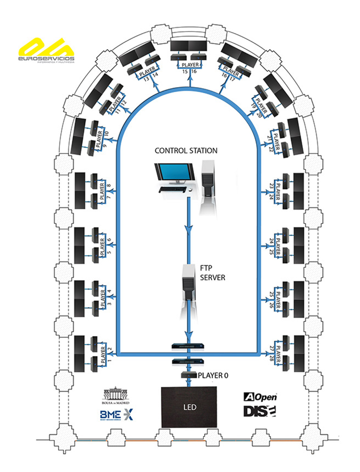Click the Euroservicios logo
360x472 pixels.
tap(46, 52)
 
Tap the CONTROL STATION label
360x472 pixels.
tap(186, 151)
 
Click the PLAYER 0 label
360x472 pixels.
tap(213, 376)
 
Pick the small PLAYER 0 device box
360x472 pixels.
tap(188, 376)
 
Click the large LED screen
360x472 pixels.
tap(189, 407)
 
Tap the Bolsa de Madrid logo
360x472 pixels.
tap(116, 396)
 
